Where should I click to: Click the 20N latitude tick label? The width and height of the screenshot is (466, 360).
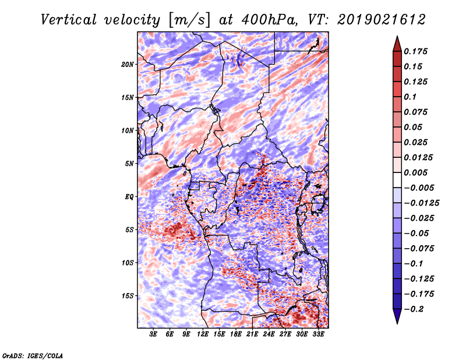tap(128, 65)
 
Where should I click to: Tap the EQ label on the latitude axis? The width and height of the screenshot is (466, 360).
tap(129, 197)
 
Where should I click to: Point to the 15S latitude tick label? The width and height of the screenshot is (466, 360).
tap(128, 296)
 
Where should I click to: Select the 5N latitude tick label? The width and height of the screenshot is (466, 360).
tap(129, 164)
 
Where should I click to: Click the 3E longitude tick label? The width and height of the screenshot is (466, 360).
tap(153, 334)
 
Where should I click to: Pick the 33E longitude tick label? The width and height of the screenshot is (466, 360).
tap(318, 334)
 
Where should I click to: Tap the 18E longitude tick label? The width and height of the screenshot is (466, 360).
tap(236, 334)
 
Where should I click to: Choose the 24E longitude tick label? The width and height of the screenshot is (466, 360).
tap(269, 334)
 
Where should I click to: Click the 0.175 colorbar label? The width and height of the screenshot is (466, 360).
tap(416, 51)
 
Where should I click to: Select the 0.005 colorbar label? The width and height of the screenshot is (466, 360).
tap(416, 172)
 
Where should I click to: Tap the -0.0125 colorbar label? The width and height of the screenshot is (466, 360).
tap(421, 203)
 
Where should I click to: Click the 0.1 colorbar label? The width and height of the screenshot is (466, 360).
tap(410, 97)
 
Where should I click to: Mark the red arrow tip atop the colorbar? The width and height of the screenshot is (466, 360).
tap(397, 36)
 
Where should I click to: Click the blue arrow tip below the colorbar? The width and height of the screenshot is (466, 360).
tap(397, 323)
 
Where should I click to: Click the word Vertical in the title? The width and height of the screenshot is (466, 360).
tap(69, 20)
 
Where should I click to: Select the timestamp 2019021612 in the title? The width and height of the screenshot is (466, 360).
tap(382, 20)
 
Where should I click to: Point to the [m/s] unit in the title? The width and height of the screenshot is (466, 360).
tap(189, 20)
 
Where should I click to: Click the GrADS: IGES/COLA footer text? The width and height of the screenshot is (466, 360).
tap(33, 355)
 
